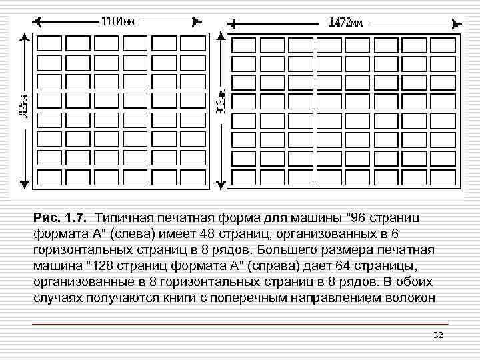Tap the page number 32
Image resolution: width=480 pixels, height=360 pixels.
[438, 335]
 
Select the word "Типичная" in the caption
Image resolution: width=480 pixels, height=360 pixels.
[124, 218]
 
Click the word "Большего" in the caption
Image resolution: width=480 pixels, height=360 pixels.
[291, 250]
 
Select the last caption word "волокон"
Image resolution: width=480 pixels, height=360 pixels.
[410, 298]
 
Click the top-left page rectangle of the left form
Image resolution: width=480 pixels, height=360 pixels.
[49, 44]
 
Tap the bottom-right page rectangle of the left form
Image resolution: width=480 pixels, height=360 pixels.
[193, 178]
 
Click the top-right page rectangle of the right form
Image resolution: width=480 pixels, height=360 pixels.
[442, 45]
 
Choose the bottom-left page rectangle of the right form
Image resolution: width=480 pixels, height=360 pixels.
[242, 178]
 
